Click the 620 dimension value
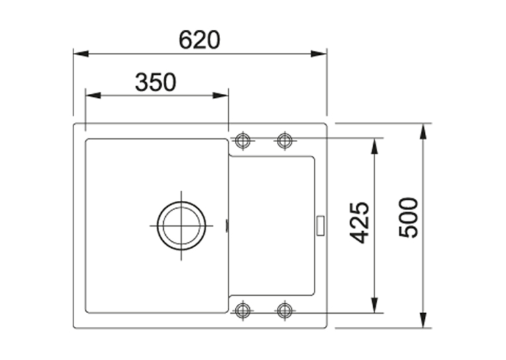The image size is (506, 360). coord(199,40)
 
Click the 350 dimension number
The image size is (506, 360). coord(155,83)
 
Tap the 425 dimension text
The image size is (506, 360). coord(359,223)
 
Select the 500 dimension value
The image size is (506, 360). coord(408,218)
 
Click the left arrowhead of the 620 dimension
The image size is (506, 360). coord(81,54)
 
